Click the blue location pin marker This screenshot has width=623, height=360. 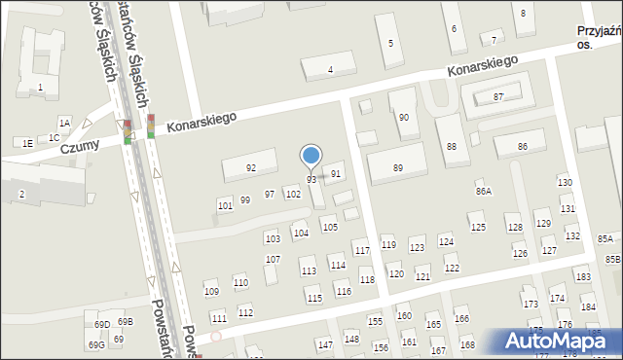pos(311,156)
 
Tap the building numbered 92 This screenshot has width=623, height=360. pos(250,168)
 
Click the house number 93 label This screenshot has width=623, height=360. pos(311,180)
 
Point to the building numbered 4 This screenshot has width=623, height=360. pos(330,69)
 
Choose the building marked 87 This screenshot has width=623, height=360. pos(497,96)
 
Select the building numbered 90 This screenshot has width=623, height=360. pos(403,117)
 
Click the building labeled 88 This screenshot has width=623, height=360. pos(451,146)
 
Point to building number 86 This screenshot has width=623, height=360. pos(522,146)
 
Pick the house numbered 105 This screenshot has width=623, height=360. pos(330,227)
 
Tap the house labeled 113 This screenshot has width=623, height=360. pos(308,271)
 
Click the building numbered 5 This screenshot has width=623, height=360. pos(390,43)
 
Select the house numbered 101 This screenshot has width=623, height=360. pos(225,206)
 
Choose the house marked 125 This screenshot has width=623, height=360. pos(477,227)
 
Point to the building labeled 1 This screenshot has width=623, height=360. pos(40,88)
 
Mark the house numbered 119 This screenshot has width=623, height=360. pos(388,244)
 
